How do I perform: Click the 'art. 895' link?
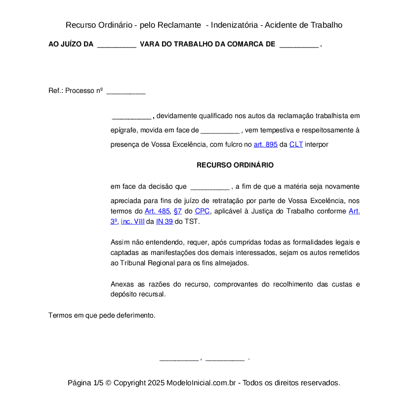265,145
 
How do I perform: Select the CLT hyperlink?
296,145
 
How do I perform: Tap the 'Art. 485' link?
157,211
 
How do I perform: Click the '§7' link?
178,211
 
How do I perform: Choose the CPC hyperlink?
202,211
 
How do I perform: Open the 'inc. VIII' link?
132,222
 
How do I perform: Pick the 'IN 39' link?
164,222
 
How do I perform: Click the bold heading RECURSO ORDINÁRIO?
235,165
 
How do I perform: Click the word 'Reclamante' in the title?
181,25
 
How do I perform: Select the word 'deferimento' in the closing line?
136,315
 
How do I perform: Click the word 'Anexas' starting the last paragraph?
122,285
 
